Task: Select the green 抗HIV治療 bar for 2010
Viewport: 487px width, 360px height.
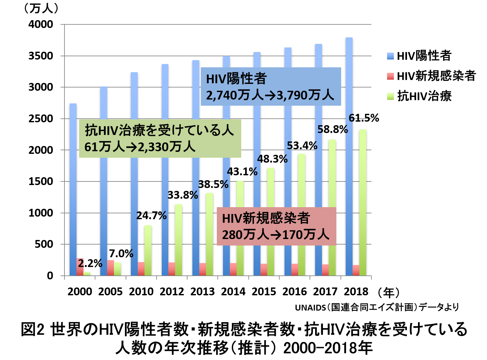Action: point(148,250)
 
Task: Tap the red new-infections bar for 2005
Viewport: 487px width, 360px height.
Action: point(111,268)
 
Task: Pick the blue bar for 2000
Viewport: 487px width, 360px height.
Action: point(73,189)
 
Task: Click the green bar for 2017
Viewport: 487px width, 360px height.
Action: point(332,208)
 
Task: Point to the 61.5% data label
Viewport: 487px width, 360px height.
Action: point(364,118)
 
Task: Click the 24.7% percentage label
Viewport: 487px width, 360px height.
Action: point(151,216)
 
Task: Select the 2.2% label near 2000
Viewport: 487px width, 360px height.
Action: point(90,263)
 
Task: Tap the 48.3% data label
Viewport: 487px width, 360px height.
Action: point(272,159)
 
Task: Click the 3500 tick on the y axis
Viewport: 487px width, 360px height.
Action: point(41,56)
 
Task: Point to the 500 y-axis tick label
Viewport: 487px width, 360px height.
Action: point(44,244)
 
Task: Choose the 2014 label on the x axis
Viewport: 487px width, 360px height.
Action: point(233,291)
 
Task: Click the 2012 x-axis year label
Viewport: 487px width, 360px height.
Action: point(172,291)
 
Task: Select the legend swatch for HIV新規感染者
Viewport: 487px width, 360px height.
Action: point(390,76)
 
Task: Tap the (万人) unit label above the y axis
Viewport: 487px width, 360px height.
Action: point(41,8)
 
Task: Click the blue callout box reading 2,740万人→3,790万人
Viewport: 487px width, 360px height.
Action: point(271,87)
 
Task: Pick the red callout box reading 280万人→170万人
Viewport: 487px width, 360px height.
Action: point(276,226)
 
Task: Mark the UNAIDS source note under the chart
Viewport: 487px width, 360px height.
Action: point(377,307)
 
